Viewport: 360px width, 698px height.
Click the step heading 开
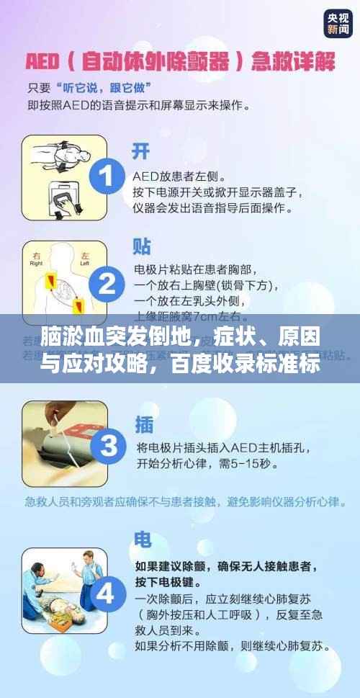pos(141,151)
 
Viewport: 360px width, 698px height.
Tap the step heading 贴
pos(141,246)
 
